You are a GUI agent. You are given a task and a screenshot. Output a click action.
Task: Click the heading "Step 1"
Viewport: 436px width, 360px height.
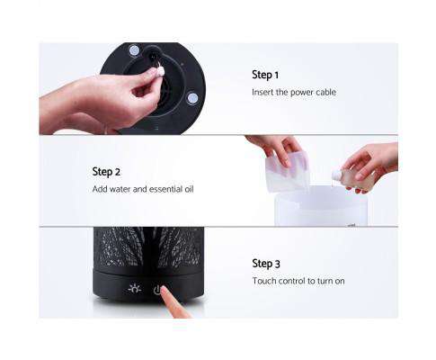(x=265, y=76)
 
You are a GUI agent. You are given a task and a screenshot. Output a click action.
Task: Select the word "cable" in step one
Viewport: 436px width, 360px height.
(x=324, y=93)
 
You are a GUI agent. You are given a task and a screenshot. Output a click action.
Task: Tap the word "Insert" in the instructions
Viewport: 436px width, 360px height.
(x=263, y=93)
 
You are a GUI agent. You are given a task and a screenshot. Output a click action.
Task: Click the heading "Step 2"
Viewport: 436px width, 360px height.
(x=106, y=171)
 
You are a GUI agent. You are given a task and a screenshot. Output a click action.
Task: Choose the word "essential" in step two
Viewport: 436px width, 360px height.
(x=165, y=189)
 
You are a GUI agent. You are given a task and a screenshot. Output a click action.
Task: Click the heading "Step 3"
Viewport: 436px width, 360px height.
(x=266, y=264)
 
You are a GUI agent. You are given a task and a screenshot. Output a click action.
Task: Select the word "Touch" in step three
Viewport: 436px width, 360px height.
(x=264, y=282)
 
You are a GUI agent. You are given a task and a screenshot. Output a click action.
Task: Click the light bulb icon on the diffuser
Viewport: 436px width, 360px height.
(x=136, y=289)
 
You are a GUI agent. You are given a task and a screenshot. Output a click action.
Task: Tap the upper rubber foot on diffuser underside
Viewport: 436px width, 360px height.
(x=134, y=51)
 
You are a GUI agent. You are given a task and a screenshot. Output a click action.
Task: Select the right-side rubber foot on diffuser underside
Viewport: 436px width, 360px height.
(x=191, y=97)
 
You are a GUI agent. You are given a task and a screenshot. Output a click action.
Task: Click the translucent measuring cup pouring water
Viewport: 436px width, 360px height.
(x=286, y=171)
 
